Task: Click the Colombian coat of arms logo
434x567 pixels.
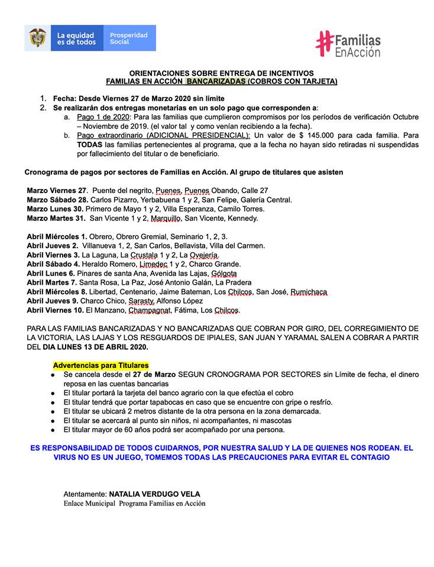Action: (x=37, y=38)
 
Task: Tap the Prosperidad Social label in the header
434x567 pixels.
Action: (x=128, y=38)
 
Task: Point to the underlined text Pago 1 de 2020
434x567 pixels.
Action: (x=101, y=117)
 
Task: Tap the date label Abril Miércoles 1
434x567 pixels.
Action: (x=57, y=236)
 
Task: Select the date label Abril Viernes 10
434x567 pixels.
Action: (x=56, y=310)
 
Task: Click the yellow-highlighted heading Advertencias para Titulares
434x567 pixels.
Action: (x=101, y=366)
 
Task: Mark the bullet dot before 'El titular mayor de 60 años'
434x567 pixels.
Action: (x=53, y=430)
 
